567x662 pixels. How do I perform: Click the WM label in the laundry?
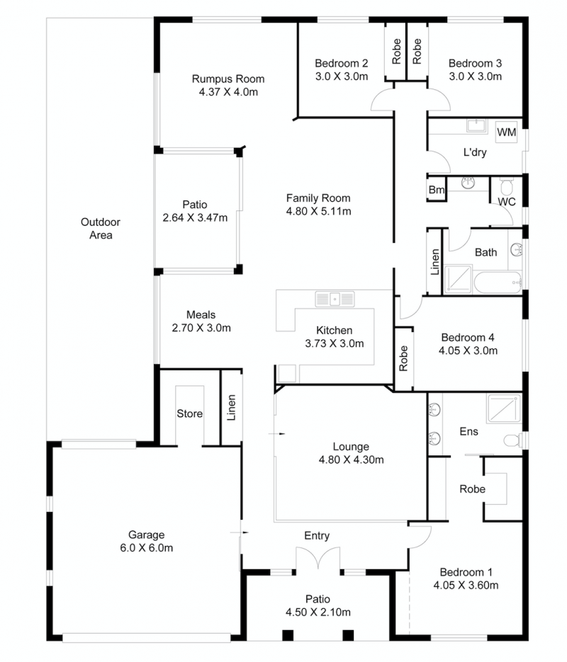click(x=506, y=132)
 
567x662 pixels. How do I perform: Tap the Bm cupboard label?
click(x=436, y=190)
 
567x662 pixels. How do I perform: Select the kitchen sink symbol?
click(x=335, y=299)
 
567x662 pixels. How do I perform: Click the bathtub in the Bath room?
click(x=498, y=283)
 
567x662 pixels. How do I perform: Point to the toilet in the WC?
click(x=506, y=186)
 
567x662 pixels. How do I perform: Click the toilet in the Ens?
click(x=513, y=440)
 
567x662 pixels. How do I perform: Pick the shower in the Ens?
click(x=504, y=409)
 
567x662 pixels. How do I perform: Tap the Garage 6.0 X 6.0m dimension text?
click(x=146, y=547)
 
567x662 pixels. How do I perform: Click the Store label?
click(x=189, y=413)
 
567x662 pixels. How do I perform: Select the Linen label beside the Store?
click(x=231, y=407)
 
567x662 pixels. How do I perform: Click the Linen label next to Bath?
click(x=434, y=262)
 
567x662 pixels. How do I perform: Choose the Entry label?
click(x=317, y=536)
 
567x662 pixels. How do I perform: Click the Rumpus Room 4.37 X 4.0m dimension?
click(x=229, y=92)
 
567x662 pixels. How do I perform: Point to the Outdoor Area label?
click(x=101, y=229)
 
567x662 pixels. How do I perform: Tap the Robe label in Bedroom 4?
click(x=403, y=358)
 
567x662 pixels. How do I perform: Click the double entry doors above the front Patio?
click(x=318, y=558)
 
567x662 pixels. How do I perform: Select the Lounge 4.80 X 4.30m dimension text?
click(x=351, y=460)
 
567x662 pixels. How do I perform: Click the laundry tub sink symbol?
click(x=477, y=125)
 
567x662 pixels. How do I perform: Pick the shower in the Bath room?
click(x=458, y=279)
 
